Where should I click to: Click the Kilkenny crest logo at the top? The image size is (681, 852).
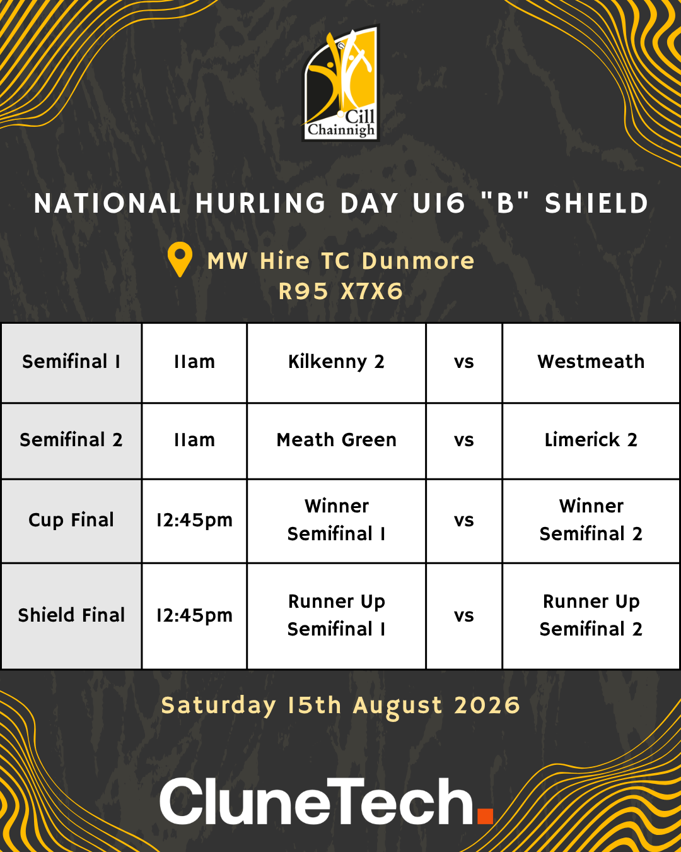pyautogui.click(x=340, y=83)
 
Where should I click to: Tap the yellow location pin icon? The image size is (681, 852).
pyautogui.click(x=180, y=259)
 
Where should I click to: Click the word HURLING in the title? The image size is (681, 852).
pyautogui.click(x=260, y=203)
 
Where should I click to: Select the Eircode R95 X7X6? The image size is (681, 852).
pyautogui.click(x=340, y=292)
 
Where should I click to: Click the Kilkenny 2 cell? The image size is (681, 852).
pyautogui.click(x=336, y=362)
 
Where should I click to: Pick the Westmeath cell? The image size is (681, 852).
pyautogui.click(x=591, y=362)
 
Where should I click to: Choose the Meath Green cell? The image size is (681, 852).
pyautogui.click(x=336, y=441)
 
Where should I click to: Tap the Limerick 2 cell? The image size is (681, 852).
pyautogui.click(x=591, y=441)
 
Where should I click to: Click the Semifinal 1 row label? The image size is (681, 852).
pyautogui.click(x=71, y=362)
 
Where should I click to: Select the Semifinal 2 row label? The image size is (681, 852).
pyautogui.click(x=71, y=441)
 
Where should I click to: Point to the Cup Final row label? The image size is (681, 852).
pyautogui.click(x=71, y=521)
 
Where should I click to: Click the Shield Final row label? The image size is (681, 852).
pyautogui.click(x=71, y=616)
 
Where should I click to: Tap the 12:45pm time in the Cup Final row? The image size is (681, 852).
pyautogui.click(x=194, y=521)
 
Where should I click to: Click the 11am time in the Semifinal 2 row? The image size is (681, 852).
pyautogui.click(x=194, y=441)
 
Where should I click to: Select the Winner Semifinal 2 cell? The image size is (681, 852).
pyautogui.click(x=591, y=521)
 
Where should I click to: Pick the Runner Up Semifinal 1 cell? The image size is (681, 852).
pyautogui.click(x=336, y=616)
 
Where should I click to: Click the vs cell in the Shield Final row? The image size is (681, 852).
pyautogui.click(x=463, y=616)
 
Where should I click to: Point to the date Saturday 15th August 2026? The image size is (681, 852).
pyautogui.click(x=340, y=706)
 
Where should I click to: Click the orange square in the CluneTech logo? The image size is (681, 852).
pyautogui.click(x=485, y=817)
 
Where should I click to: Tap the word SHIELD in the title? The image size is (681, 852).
pyautogui.click(x=597, y=203)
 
